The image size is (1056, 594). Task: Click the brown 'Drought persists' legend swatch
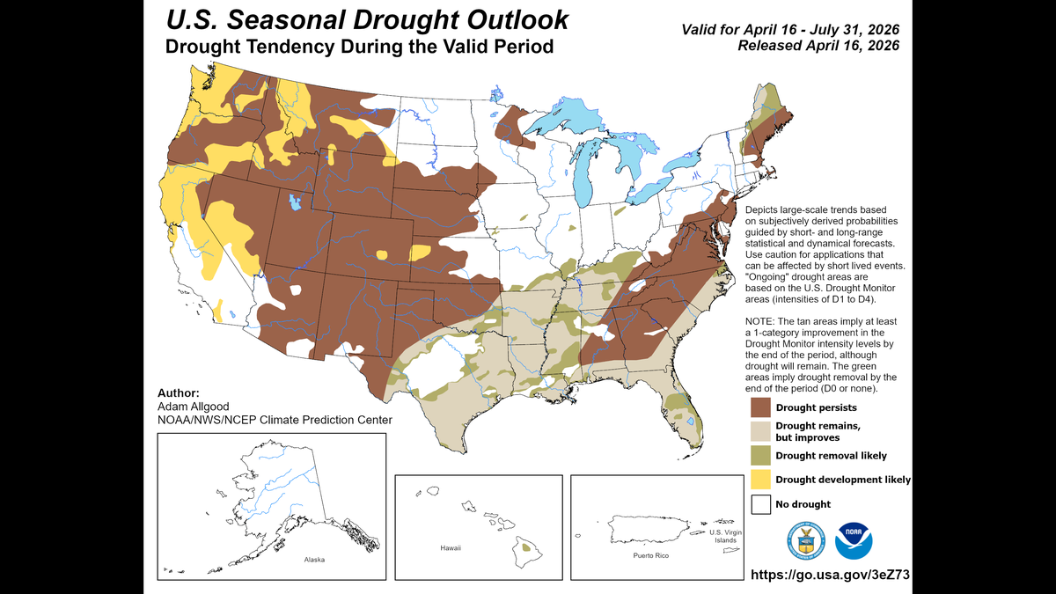coord(760,407)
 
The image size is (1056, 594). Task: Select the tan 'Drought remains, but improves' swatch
coord(760,431)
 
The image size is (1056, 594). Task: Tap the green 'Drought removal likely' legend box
coord(760,455)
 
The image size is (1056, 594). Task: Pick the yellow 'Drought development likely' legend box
coord(760,480)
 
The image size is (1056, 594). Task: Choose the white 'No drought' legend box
coord(760,504)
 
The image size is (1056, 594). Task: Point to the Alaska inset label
coord(314,560)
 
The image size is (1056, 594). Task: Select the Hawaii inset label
coord(450,548)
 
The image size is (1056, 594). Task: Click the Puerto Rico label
coord(651,557)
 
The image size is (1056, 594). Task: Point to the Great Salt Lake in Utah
coord(293,203)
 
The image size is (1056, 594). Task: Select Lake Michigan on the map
coord(583,176)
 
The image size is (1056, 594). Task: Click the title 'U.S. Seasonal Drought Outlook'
coord(367,20)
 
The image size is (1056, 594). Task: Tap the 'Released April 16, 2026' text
coord(818,46)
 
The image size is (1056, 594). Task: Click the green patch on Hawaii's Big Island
coord(526,546)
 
